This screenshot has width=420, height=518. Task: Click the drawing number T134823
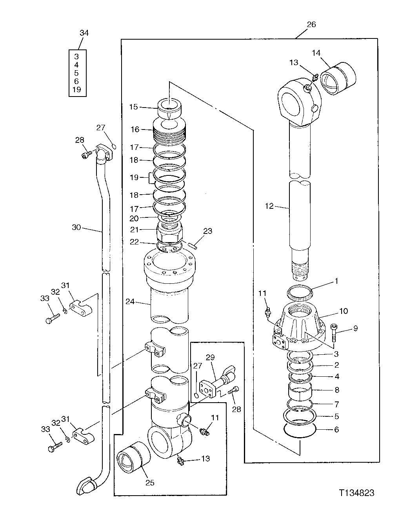(x=357, y=492)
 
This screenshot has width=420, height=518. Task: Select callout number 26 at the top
(x=311, y=24)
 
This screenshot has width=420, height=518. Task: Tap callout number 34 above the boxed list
(x=84, y=33)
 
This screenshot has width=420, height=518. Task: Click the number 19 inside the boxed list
(x=76, y=89)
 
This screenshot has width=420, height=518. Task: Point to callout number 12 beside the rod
(x=269, y=206)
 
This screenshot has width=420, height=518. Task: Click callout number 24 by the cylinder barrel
(x=130, y=301)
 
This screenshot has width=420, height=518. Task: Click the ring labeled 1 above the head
(x=300, y=292)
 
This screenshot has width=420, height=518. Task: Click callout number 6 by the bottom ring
(x=336, y=429)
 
